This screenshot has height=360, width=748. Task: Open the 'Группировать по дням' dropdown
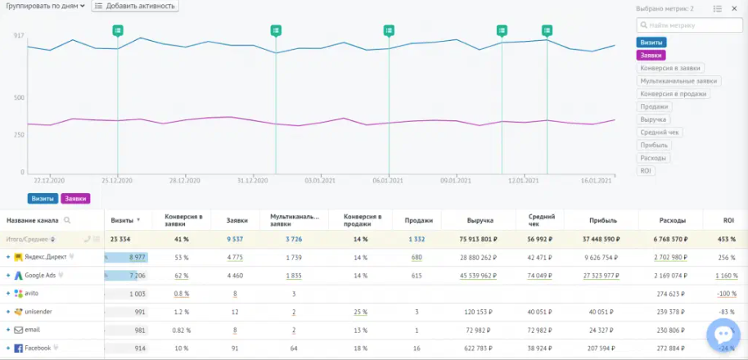tap(45, 6)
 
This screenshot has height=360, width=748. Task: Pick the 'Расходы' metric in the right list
tap(654, 158)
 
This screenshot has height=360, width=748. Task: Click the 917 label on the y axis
tap(19, 36)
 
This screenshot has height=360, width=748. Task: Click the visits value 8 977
tap(132, 257)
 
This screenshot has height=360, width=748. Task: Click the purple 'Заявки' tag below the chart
tap(75, 199)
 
